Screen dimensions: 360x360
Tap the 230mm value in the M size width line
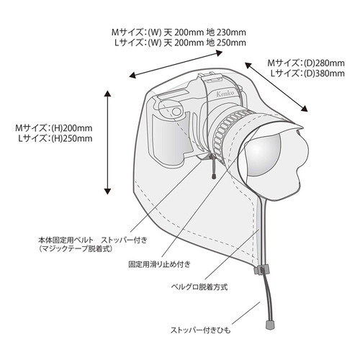tap(231, 32)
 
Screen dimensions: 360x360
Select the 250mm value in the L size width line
tap(231, 42)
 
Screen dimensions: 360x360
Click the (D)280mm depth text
tap(324, 63)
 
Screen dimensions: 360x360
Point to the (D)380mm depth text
tap(324, 73)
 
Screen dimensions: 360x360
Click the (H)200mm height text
tap(72, 128)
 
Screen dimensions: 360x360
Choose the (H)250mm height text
tap(72, 138)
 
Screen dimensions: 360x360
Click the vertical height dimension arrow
tap(107, 143)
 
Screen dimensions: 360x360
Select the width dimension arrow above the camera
tap(176, 64)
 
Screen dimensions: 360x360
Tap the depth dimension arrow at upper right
tap(276, 87)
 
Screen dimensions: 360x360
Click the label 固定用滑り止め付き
tap(160, 264)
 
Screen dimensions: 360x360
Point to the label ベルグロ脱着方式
tap(199, 287)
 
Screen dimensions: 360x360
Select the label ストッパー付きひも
tap(201, 330)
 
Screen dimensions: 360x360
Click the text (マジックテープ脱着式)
tap(76, 249)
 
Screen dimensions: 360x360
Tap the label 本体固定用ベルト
tap(66, 240)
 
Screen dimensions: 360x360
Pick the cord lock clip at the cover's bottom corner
tap(261, 269)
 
